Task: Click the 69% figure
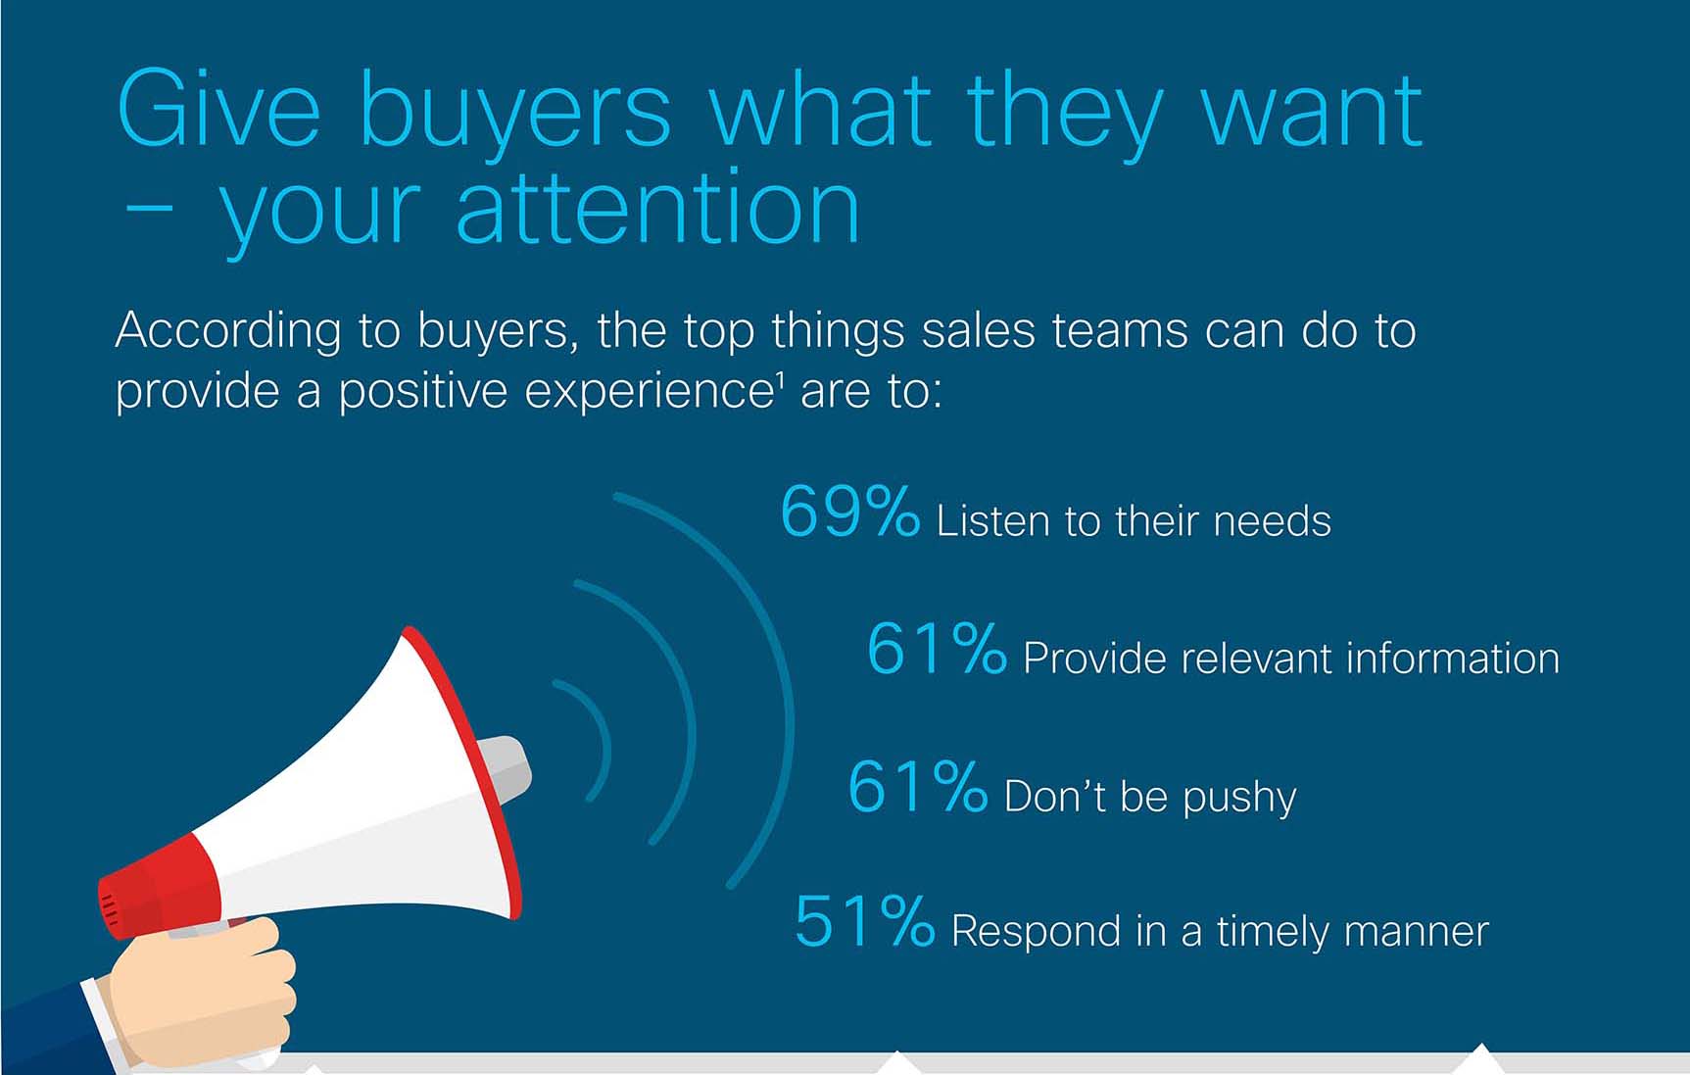coord(849,511)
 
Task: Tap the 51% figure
coord(864,921)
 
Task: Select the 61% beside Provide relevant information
coord(937,649)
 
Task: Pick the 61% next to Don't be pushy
coord(917,786)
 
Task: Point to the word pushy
coord(1239,798)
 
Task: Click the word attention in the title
coord(658,209)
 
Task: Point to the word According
coord(228,331)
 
